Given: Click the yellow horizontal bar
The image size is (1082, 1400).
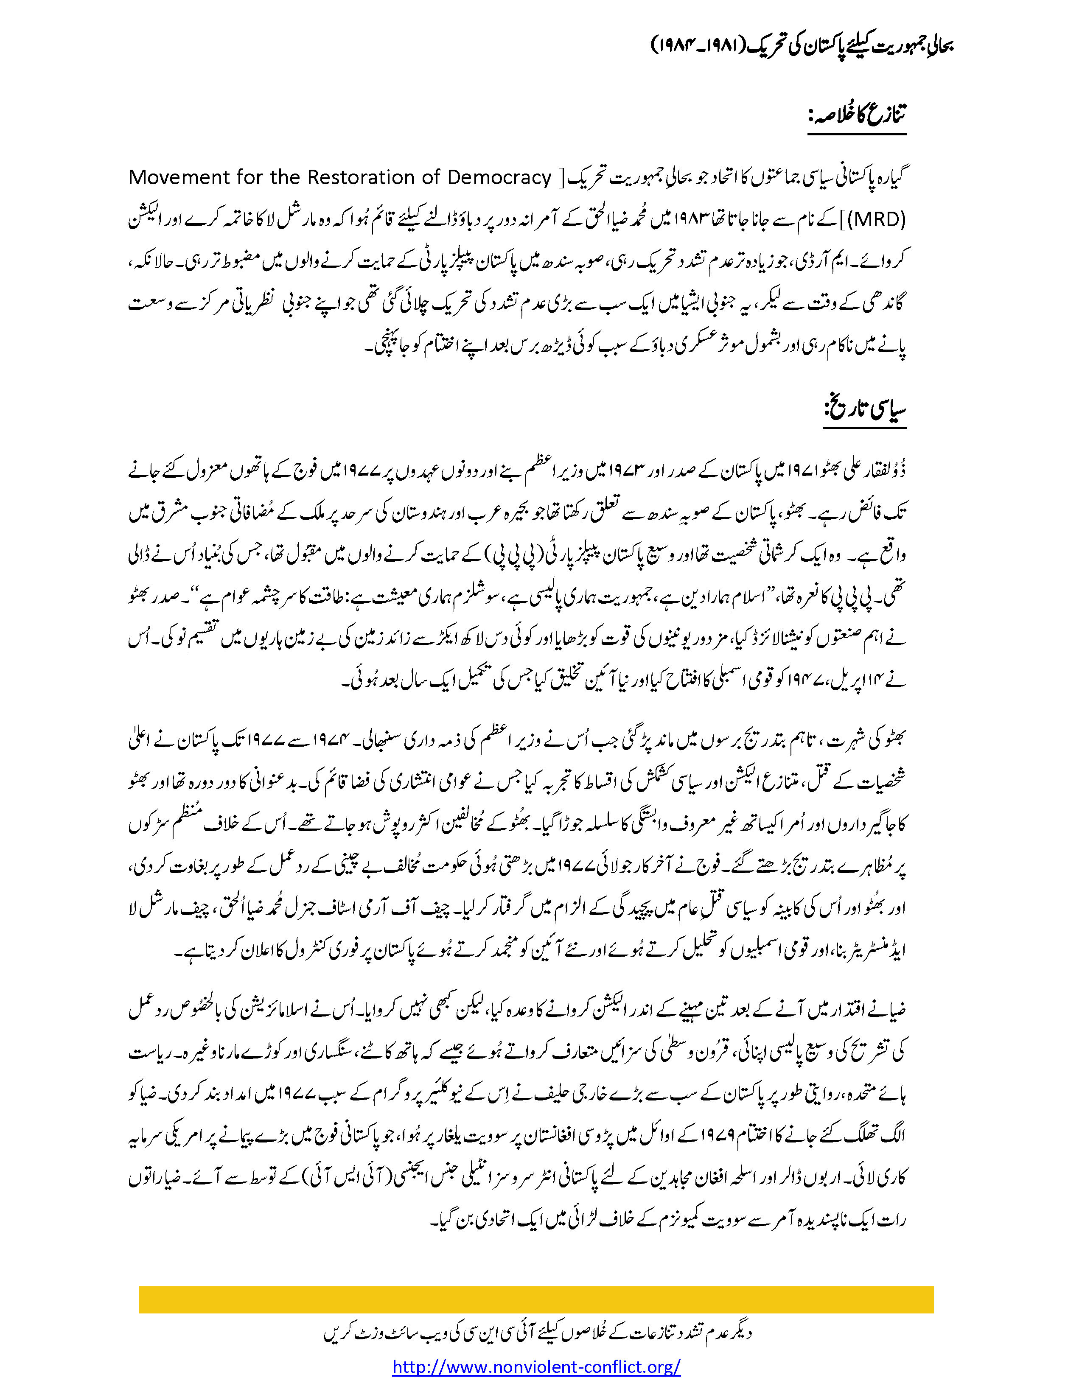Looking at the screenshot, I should [x=536, y=1299].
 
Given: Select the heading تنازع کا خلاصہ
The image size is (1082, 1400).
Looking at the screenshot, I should [x=857, y=115].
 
